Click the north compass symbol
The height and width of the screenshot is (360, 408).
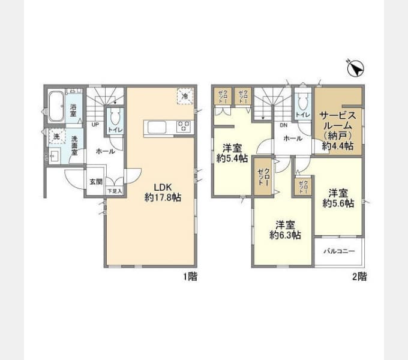point(355,69)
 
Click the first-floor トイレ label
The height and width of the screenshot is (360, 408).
point(115,130)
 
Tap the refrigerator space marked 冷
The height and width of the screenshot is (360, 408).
point(185,96)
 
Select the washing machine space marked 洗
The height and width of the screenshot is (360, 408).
point(56,137)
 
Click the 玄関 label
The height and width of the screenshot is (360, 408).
point(96,182)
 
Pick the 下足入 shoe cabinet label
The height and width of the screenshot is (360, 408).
point(114,191)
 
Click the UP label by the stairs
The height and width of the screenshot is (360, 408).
point(95,125)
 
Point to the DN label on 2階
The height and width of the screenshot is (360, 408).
point(283,125)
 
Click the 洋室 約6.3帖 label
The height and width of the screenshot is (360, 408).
point(284,230)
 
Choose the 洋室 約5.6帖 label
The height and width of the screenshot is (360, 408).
point(338,198)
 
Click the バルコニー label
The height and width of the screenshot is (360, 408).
point(340,251)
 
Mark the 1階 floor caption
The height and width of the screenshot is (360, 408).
point(190,277)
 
